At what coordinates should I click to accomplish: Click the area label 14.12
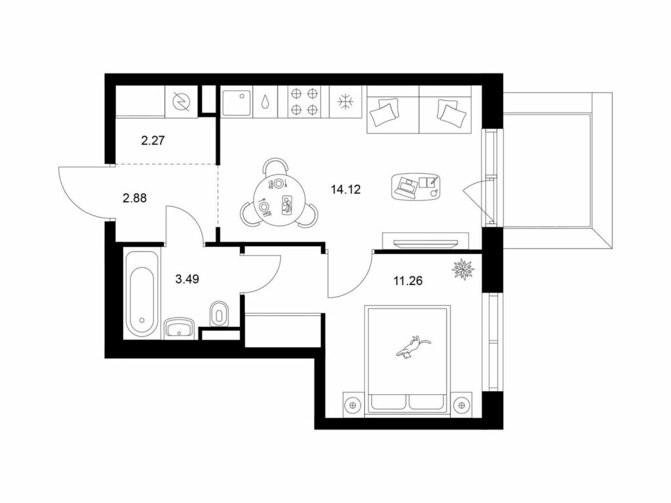point(346,189)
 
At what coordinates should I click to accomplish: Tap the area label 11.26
point(408,280)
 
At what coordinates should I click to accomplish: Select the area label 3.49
point(187,280)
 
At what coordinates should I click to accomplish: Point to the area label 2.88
point(134,198)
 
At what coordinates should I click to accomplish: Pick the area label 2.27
point(153,140)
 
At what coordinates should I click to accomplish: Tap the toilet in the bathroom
point(219,314)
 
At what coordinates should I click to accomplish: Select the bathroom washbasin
point(180,329)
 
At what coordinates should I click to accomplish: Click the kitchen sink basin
point(236,102)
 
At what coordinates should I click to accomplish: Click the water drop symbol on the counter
point(266,102)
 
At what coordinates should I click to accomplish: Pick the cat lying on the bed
point(413,346)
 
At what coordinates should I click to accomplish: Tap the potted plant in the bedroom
point(464,270)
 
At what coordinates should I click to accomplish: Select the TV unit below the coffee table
point(426,240)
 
